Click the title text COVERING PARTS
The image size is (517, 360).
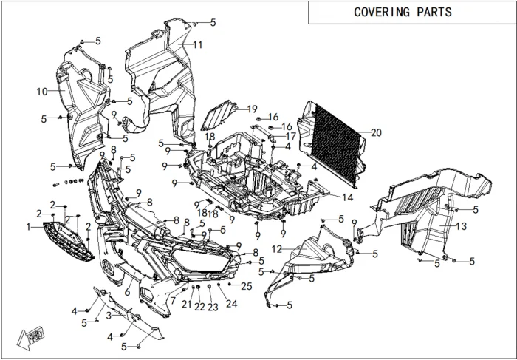tap(403, 13)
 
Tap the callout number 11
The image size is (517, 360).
tap(198, 45)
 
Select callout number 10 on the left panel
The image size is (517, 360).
tap(41, 91)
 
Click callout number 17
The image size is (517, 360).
tap(290, 136)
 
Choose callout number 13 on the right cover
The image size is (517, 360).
tap(461, 225)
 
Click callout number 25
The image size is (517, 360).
tap(247, 286)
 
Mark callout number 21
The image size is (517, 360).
tap(186, 304)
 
